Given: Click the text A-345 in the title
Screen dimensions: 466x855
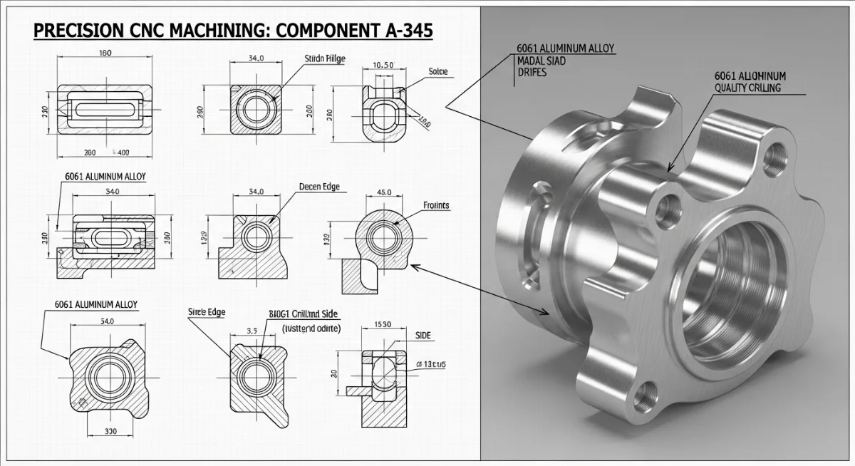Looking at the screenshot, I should (x=396, y=31).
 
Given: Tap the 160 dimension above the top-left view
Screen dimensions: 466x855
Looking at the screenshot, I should (x=105, y=53).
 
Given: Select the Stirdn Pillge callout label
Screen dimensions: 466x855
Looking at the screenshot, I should (x=325, y=59).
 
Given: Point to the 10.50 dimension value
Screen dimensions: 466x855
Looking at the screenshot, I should (x=383, y=66).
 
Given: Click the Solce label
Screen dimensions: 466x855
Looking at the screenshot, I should (x=438, y=71).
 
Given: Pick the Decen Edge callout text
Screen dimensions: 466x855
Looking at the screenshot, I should (x=319, y=187).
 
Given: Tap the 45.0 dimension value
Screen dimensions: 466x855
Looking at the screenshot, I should (x=383, y=192).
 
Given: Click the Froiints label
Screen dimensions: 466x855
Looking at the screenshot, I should (x=436, y=205).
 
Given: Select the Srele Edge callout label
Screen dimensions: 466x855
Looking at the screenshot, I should (x=206, y=311).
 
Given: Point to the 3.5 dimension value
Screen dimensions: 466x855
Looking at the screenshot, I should (x=252, y=331).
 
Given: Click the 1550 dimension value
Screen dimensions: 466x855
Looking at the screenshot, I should (x=383, y=324).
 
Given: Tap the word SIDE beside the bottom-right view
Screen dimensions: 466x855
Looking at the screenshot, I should (x=423, y=336).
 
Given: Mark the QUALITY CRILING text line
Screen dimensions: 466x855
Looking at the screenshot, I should (x=747, y=88).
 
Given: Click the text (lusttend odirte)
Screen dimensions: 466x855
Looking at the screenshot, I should (x=311, y=328).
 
